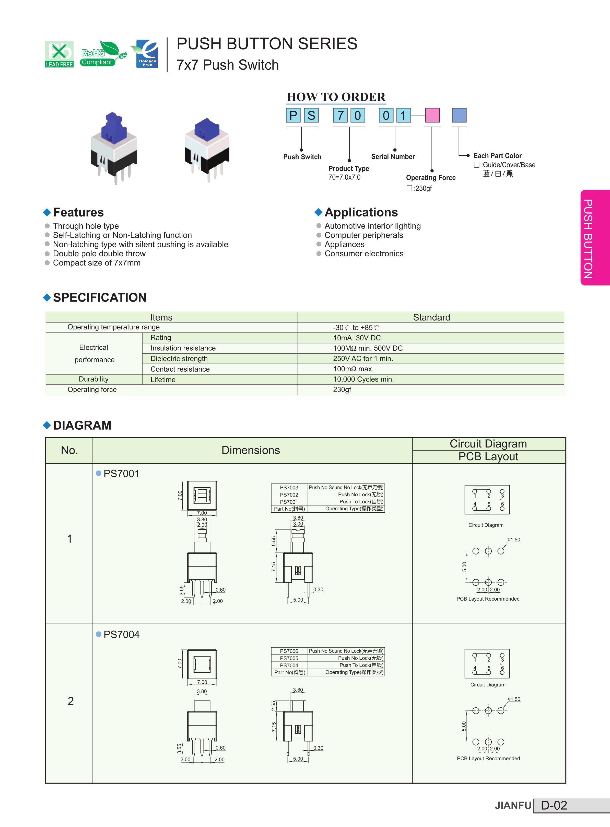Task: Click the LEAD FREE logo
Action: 59,54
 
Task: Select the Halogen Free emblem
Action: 146,54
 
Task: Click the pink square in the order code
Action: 432,115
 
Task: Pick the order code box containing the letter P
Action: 293,115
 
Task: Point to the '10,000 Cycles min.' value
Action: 363,379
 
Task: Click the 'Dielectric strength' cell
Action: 179,359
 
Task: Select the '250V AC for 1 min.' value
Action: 363,359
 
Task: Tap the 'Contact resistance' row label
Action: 180,369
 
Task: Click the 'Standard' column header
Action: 431,317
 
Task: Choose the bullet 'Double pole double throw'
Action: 99,254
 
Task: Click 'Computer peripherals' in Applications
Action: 364,235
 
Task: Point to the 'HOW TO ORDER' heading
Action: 336,97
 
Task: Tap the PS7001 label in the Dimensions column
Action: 122,474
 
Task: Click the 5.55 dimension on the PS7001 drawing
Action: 274,541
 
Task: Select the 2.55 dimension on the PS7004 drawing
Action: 274,706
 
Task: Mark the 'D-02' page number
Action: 554,805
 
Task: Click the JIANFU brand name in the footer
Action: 513,806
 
